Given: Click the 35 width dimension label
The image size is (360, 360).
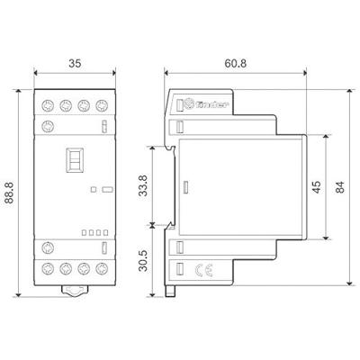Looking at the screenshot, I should tap(75, 66).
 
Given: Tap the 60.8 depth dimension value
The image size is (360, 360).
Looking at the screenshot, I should tap(237, 66).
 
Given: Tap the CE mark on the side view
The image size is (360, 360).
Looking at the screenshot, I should tap(203, 267).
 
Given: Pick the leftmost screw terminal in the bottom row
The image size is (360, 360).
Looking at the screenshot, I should tap(49, 267).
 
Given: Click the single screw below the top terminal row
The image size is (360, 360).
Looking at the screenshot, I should tap(49, 125).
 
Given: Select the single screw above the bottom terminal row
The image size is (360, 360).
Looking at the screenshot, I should tap(49, 247).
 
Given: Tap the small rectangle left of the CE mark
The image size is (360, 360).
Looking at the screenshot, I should tap(178, 268).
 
